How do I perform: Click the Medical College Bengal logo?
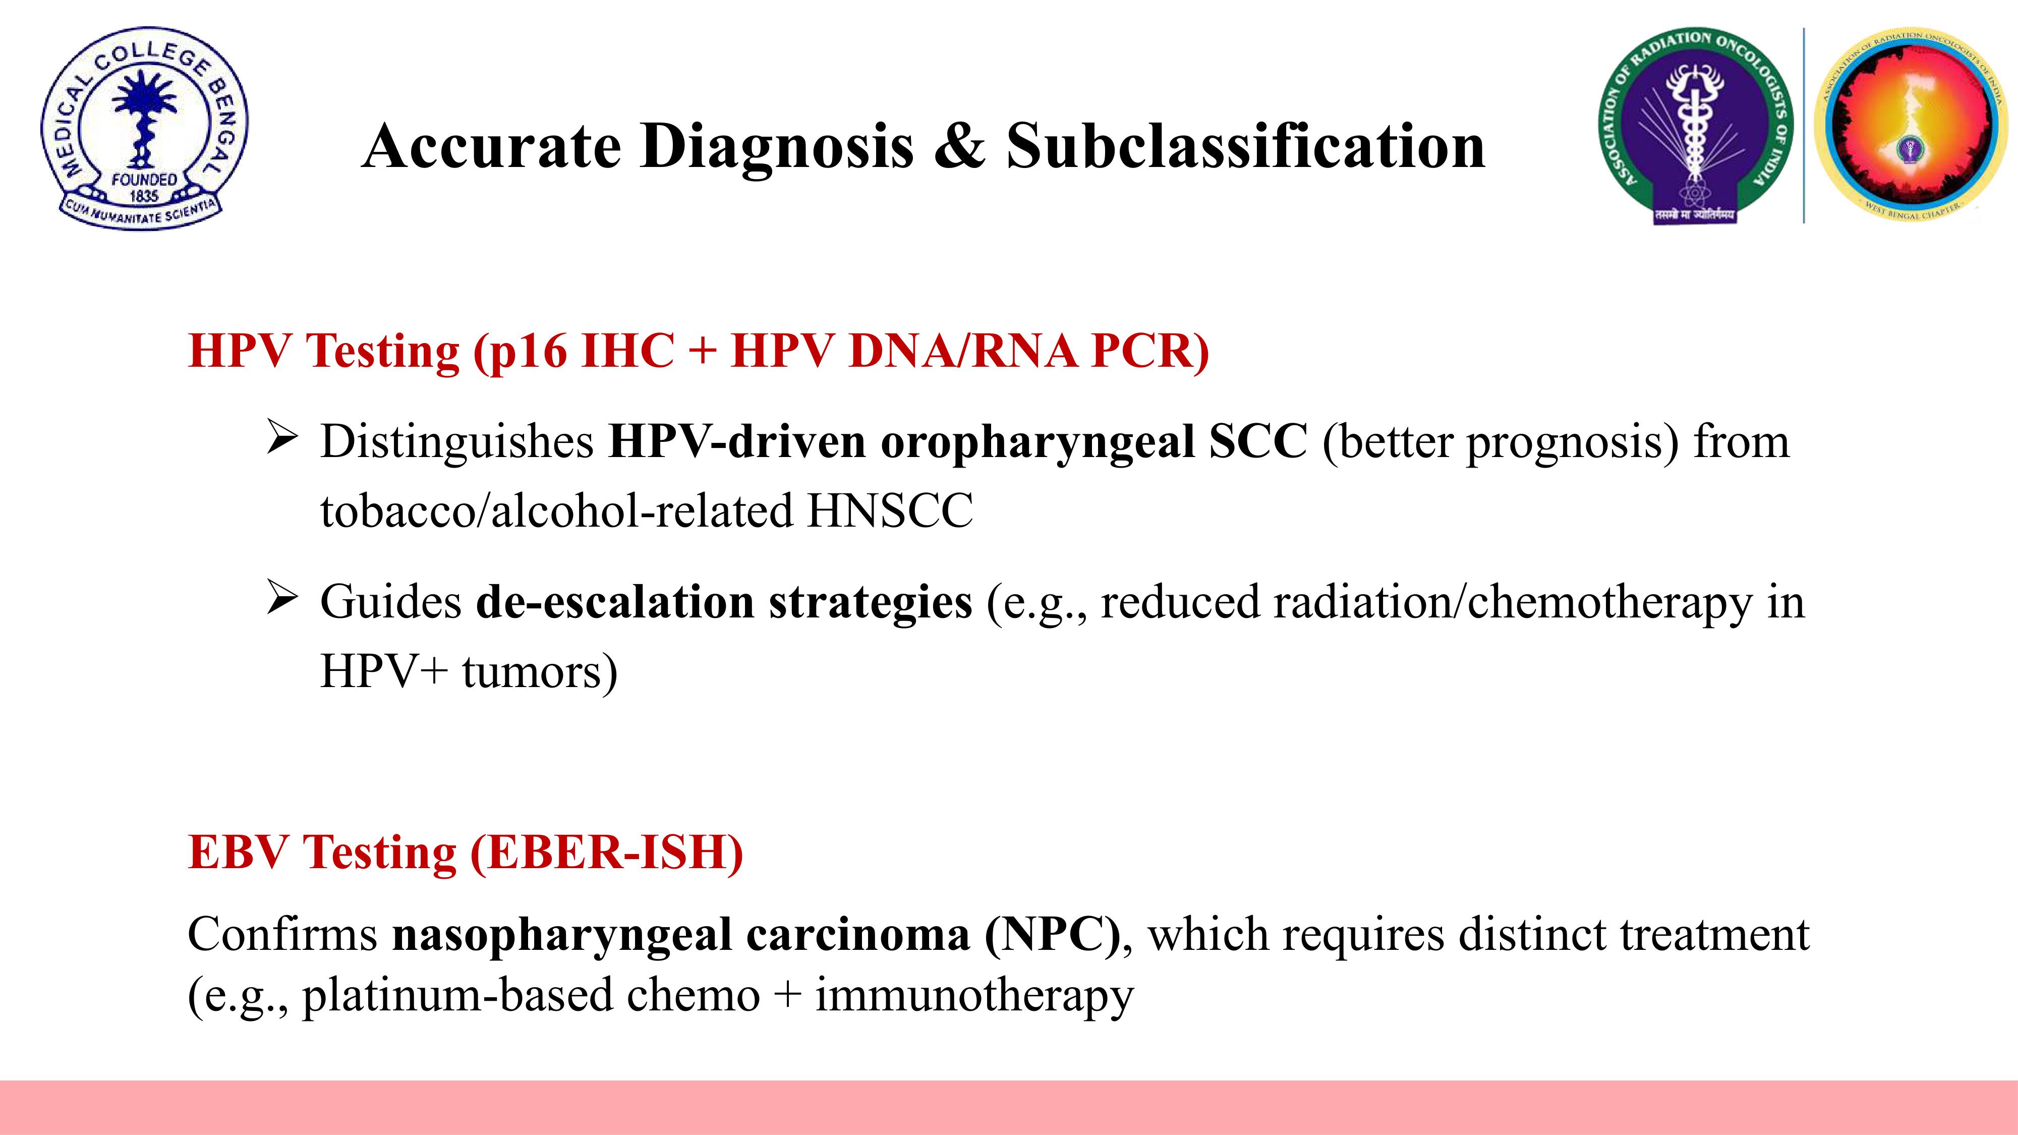pyautogui.click(x=144, y=129)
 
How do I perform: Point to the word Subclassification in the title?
pyautogui.click(x=1246, y=146)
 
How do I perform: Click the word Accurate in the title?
pyautogui.click(x=491, y=146)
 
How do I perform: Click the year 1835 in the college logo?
pyautogui.click(x=144, y=196)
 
